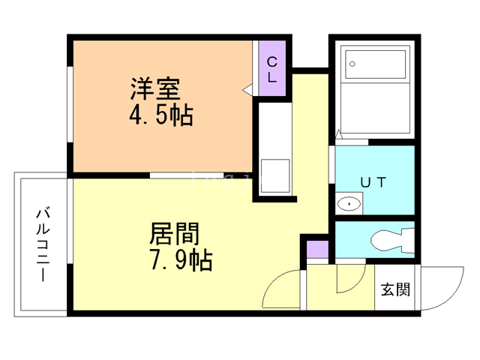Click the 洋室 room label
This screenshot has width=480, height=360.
coord(155,88)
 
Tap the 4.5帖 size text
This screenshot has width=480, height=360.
coord(161,115)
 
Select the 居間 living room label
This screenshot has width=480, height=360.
coord(174,233)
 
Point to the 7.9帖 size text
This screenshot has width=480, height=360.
coord(181,260)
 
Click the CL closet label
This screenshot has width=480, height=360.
coord(271,70)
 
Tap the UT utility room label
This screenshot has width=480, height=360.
coord(373,182)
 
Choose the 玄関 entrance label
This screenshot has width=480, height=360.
coord(395,289)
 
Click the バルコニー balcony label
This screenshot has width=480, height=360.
coord(43,244)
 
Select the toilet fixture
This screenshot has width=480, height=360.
coord(392,241)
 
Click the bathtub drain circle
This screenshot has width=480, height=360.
coord(352,64)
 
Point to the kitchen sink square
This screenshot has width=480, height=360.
coord(275,175)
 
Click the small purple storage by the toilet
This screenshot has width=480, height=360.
coord(318,250)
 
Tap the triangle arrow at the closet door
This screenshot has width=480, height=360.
coord(247,90)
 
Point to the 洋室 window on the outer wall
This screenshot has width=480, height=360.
coord(70,104)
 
